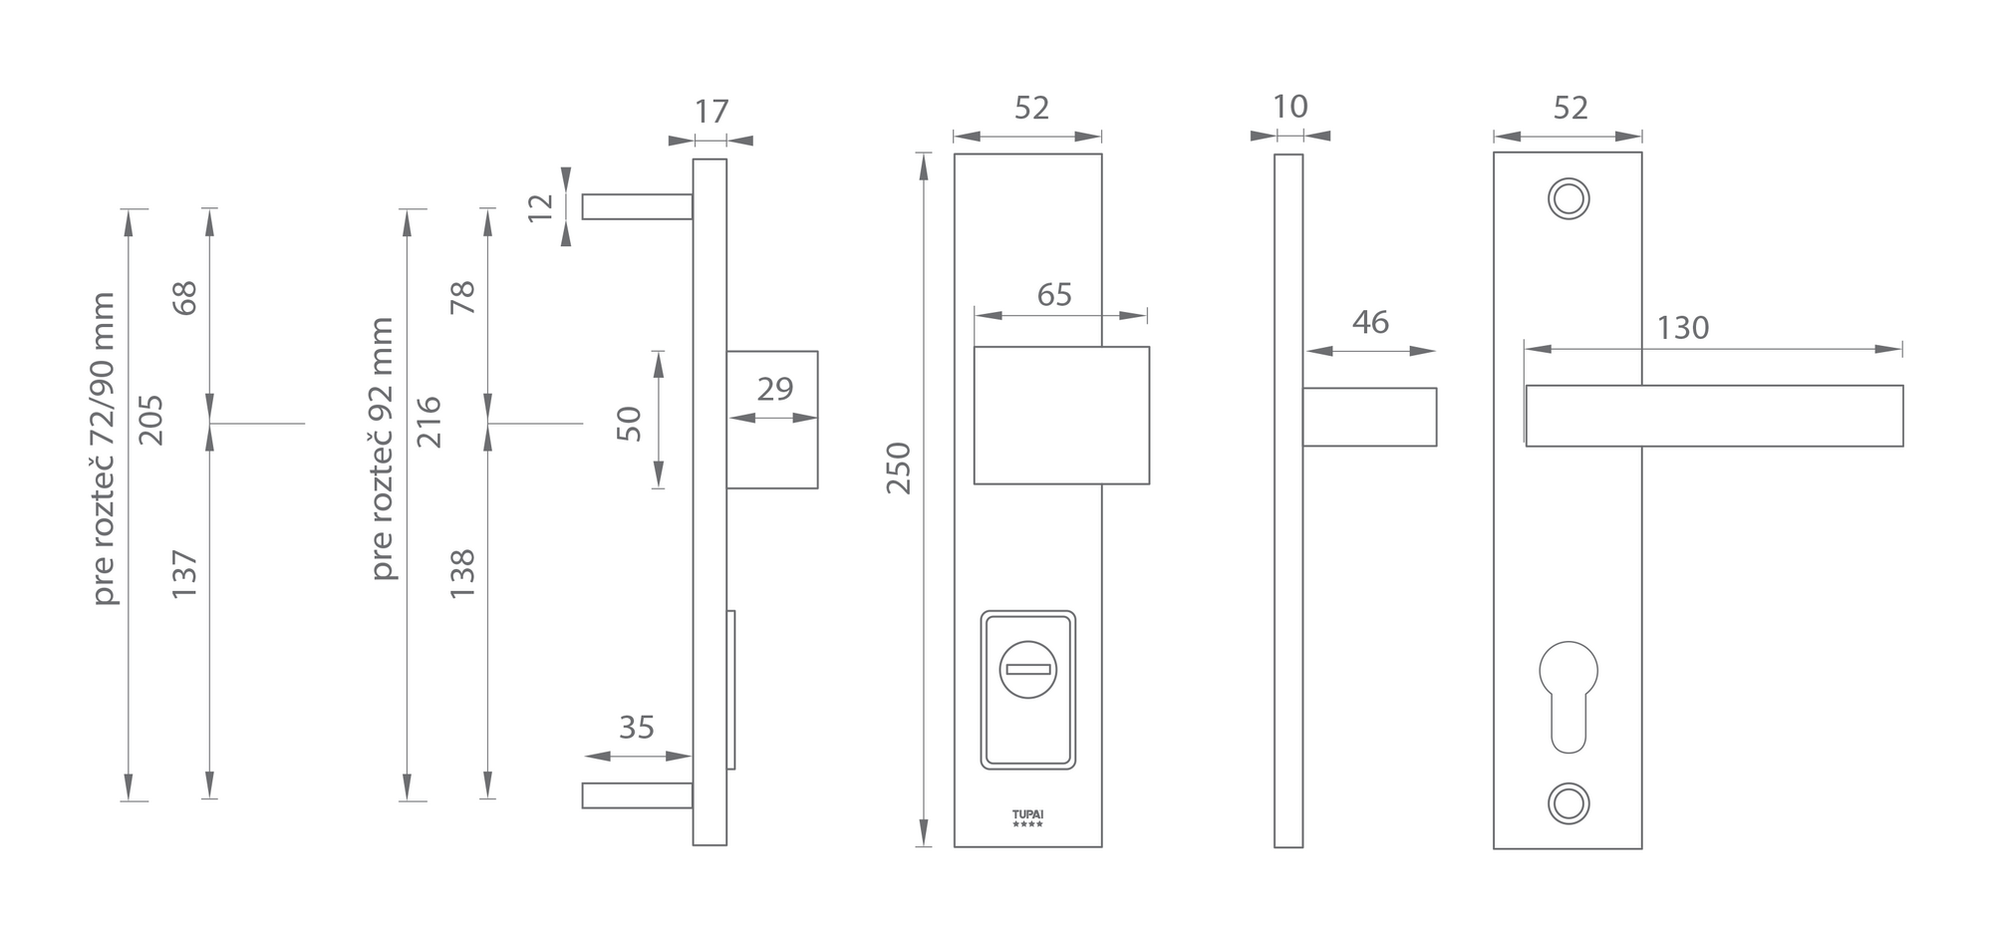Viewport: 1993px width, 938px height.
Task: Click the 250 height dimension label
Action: coord(898,469)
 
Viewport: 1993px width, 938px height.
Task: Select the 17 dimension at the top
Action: coord(712,111)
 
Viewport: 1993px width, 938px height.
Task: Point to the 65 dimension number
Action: coord(1054,295)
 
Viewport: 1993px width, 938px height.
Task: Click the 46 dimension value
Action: coord(1370,322)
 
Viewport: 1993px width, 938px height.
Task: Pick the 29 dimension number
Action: coord(774,389)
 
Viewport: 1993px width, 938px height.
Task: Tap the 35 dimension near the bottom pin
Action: coord(636,728)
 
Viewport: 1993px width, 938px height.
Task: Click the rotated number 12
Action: coord(540,206)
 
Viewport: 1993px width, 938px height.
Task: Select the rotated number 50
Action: coord(629,424)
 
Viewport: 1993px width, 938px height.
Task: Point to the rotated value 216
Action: coord(428,422)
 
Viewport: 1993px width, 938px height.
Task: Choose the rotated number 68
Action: coord(185,298)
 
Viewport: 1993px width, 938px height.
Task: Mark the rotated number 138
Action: coord(462,573)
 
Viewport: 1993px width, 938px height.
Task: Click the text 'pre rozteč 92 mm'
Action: coord(382,449)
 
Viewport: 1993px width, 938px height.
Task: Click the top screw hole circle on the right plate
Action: coord(1568,198)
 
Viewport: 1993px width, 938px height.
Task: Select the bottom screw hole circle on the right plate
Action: coord(1568,803)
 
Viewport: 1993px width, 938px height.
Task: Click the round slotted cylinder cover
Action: coord(1027,669)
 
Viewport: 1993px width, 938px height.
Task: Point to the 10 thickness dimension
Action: coord(1289,107)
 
